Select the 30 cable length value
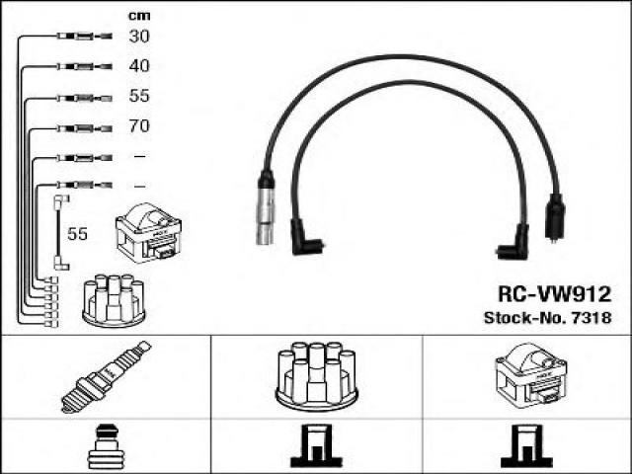click(138, 38)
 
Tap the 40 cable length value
click(138, 67)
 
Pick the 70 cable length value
click(138, 127)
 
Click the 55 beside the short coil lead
click(76, 233)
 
